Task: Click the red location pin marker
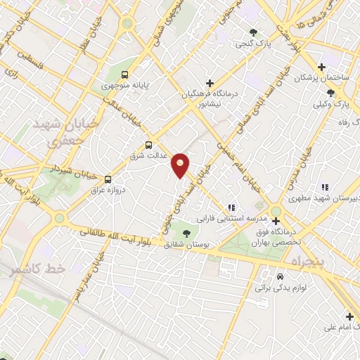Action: [181, 165]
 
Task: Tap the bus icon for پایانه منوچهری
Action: [124, 75]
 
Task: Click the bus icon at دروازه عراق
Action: [108, 179]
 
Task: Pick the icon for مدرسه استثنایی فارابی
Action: [231, 207]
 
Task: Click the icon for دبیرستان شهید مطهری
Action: [324, 187]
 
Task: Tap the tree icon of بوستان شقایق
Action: [186, 233]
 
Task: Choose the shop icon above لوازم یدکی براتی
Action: [281, 276]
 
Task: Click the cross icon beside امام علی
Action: [349, 316]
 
